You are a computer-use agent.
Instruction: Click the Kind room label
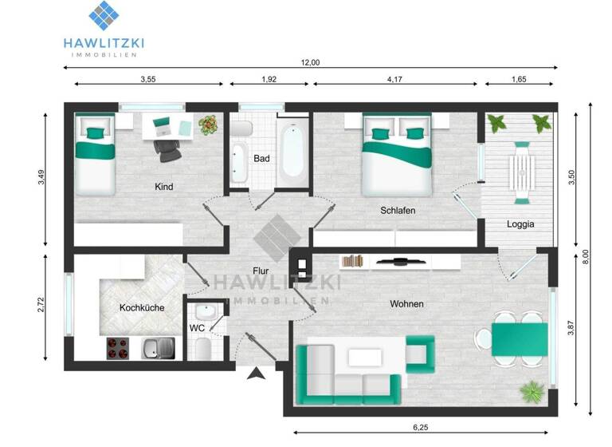coord(165,187)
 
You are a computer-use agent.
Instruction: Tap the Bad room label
coord(261,158)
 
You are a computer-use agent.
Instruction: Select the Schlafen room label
coord(398,211)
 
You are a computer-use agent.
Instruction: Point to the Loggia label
coord(520,224)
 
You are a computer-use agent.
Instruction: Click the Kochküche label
coord(143,307)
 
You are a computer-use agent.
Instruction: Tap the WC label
coord(198,328)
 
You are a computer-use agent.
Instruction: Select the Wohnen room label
coord(406,304)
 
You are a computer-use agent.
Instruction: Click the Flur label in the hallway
coord(260,271)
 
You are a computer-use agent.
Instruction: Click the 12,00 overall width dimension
coord(310,63)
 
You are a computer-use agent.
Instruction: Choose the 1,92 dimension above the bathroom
coord(269,79)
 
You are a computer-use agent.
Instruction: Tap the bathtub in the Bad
coord(292,150)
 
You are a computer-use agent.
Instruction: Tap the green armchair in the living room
coord(420,351)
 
